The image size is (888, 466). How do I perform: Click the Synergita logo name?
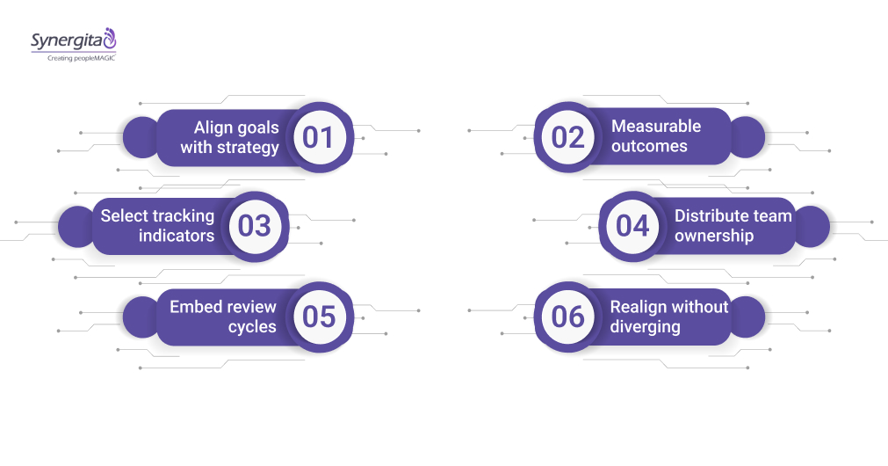(66, 40)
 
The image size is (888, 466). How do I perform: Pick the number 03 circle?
(254, 226)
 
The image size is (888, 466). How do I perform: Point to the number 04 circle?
(632, 226)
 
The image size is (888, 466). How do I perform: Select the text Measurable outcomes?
(655, 136)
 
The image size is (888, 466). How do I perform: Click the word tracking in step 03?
(183, 216)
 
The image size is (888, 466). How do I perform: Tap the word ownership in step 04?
(714, 236)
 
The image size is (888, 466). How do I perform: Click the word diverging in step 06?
(645, 327)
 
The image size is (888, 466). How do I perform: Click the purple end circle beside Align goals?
(141, 138)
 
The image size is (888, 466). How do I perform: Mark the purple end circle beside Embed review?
(141, 317)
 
